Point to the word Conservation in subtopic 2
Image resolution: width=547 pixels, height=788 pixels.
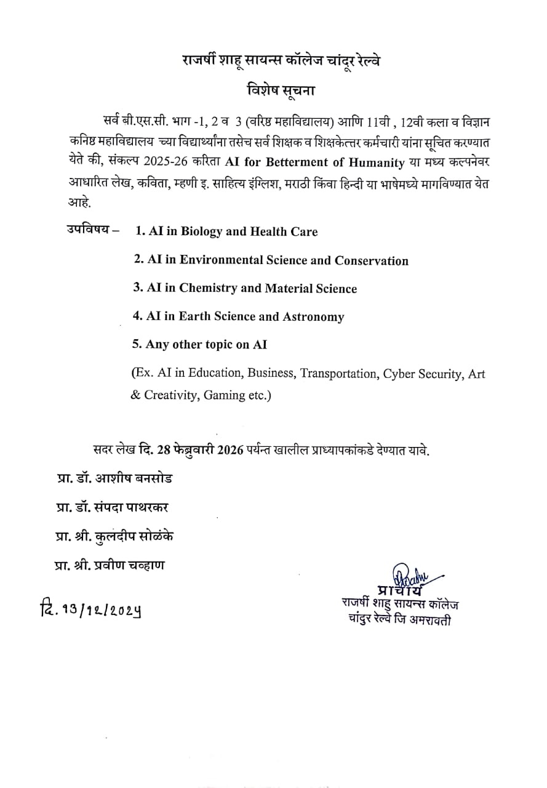click(x=372, y=260)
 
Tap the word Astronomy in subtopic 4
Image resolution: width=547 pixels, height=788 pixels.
click(x=313, y=317)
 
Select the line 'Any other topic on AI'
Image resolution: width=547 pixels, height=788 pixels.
click(x=200, y=345)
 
